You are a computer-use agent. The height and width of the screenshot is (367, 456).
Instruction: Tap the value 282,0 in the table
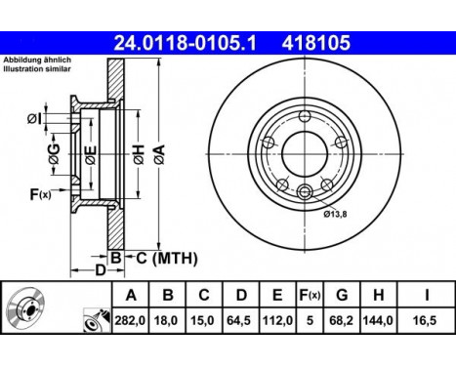click(x=131, y=319)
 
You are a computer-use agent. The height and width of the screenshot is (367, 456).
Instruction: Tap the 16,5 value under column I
click(x=427, y=319)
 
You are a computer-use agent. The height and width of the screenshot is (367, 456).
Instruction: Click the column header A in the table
click(x=131, y=295)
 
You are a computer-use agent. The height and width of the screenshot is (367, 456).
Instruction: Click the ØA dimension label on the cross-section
click(x=157, y=150)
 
